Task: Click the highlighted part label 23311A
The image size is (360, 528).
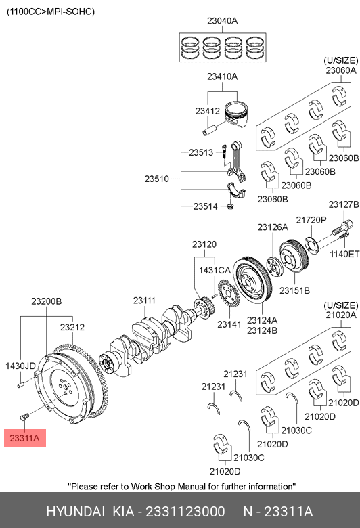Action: (x=24, y=438)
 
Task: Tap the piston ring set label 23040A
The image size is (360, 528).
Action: (x=222, y=21)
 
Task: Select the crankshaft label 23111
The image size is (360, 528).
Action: (x=144, y=301)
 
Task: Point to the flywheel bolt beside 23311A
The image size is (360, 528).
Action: (x=24, y=417)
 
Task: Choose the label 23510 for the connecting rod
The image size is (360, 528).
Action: (x=156, y=179)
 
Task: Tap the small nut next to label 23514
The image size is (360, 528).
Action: (x=230, y=206)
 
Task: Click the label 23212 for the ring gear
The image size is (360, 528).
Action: (x=72, y=327)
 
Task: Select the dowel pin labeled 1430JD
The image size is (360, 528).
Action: (x=21, y=384)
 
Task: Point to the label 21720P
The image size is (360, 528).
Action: (x=311, y=220)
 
